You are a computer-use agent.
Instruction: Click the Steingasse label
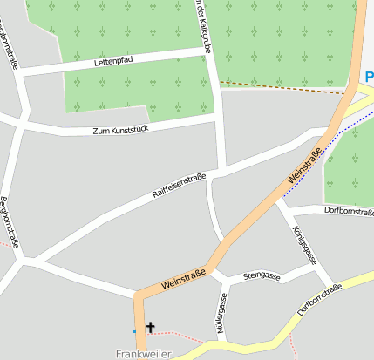point(262,276)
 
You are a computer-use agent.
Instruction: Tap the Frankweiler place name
point(143,354)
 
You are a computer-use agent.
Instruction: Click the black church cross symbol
point(150,328)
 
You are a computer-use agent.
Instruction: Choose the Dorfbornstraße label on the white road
point(349,211)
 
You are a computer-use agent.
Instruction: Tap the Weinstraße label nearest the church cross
point(183,280)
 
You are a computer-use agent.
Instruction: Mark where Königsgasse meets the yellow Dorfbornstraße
point(332,288)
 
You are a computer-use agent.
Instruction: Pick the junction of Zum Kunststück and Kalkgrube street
point(217,118)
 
